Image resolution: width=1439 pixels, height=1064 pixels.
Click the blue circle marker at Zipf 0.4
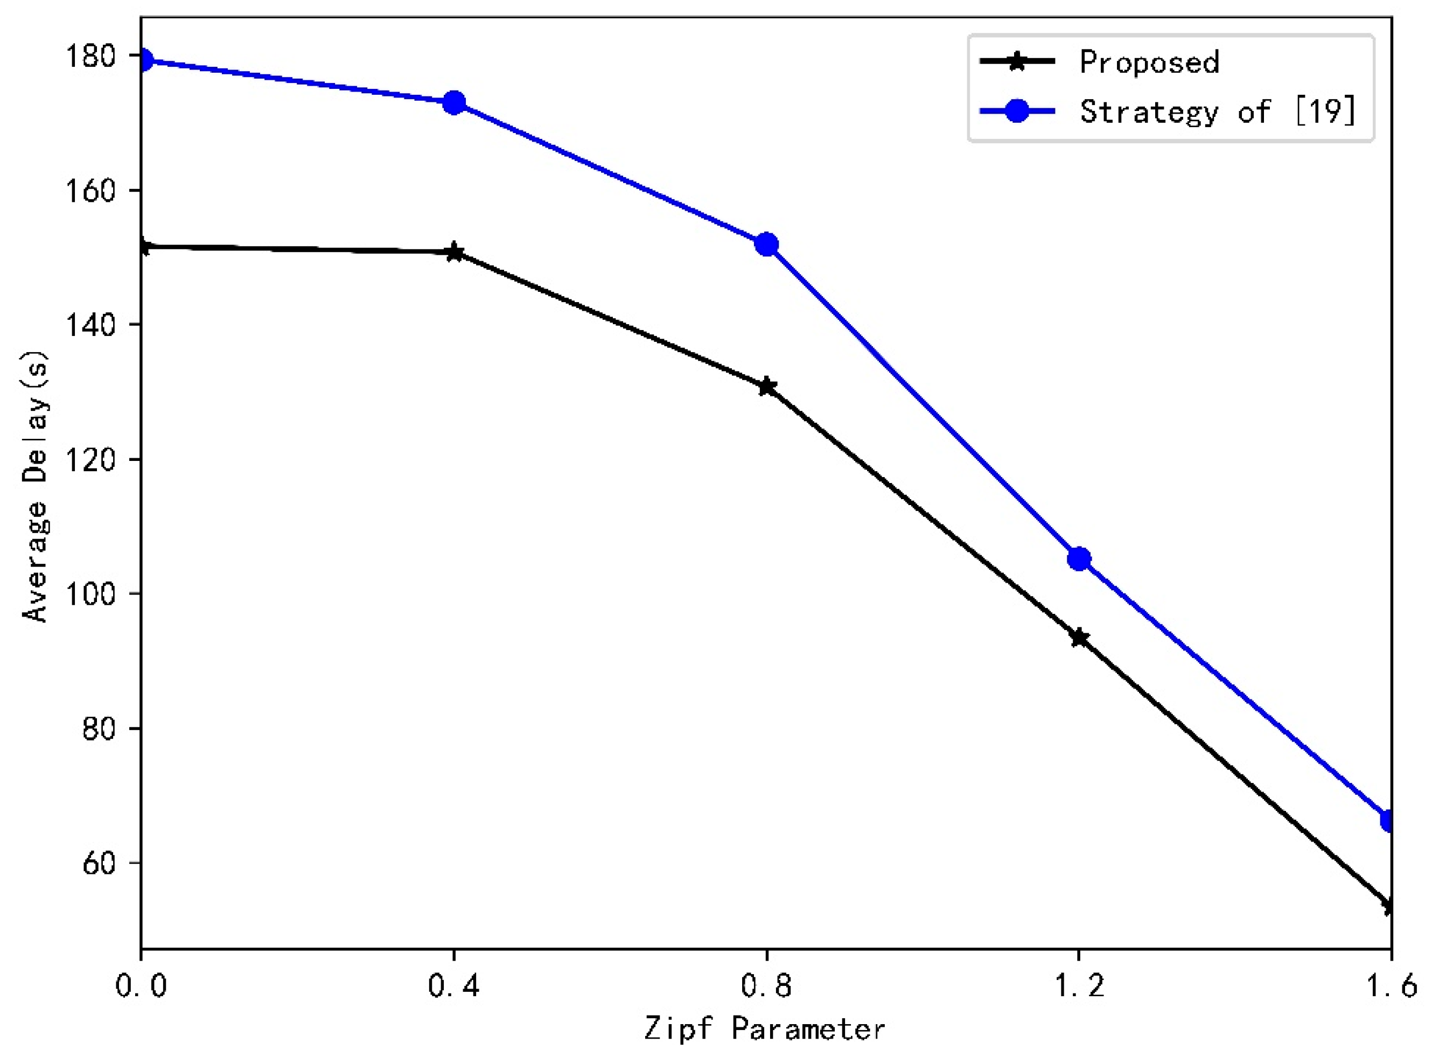click(454, 102)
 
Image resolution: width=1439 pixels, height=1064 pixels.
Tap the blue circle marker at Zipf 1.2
click(1079, 559)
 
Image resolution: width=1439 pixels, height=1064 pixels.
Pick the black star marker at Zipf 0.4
click(454, 253)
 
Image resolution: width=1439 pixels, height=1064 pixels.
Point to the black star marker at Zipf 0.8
click(766, 387)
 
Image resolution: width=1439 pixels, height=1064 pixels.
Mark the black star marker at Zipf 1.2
click(1079, 638)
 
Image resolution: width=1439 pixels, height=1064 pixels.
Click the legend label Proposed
click(1149, 62)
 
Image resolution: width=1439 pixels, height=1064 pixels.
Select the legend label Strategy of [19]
click(1218, 112)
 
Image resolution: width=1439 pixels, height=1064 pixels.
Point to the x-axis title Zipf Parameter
click(765, 1029)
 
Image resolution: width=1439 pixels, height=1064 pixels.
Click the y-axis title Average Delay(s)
click(35, 486)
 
